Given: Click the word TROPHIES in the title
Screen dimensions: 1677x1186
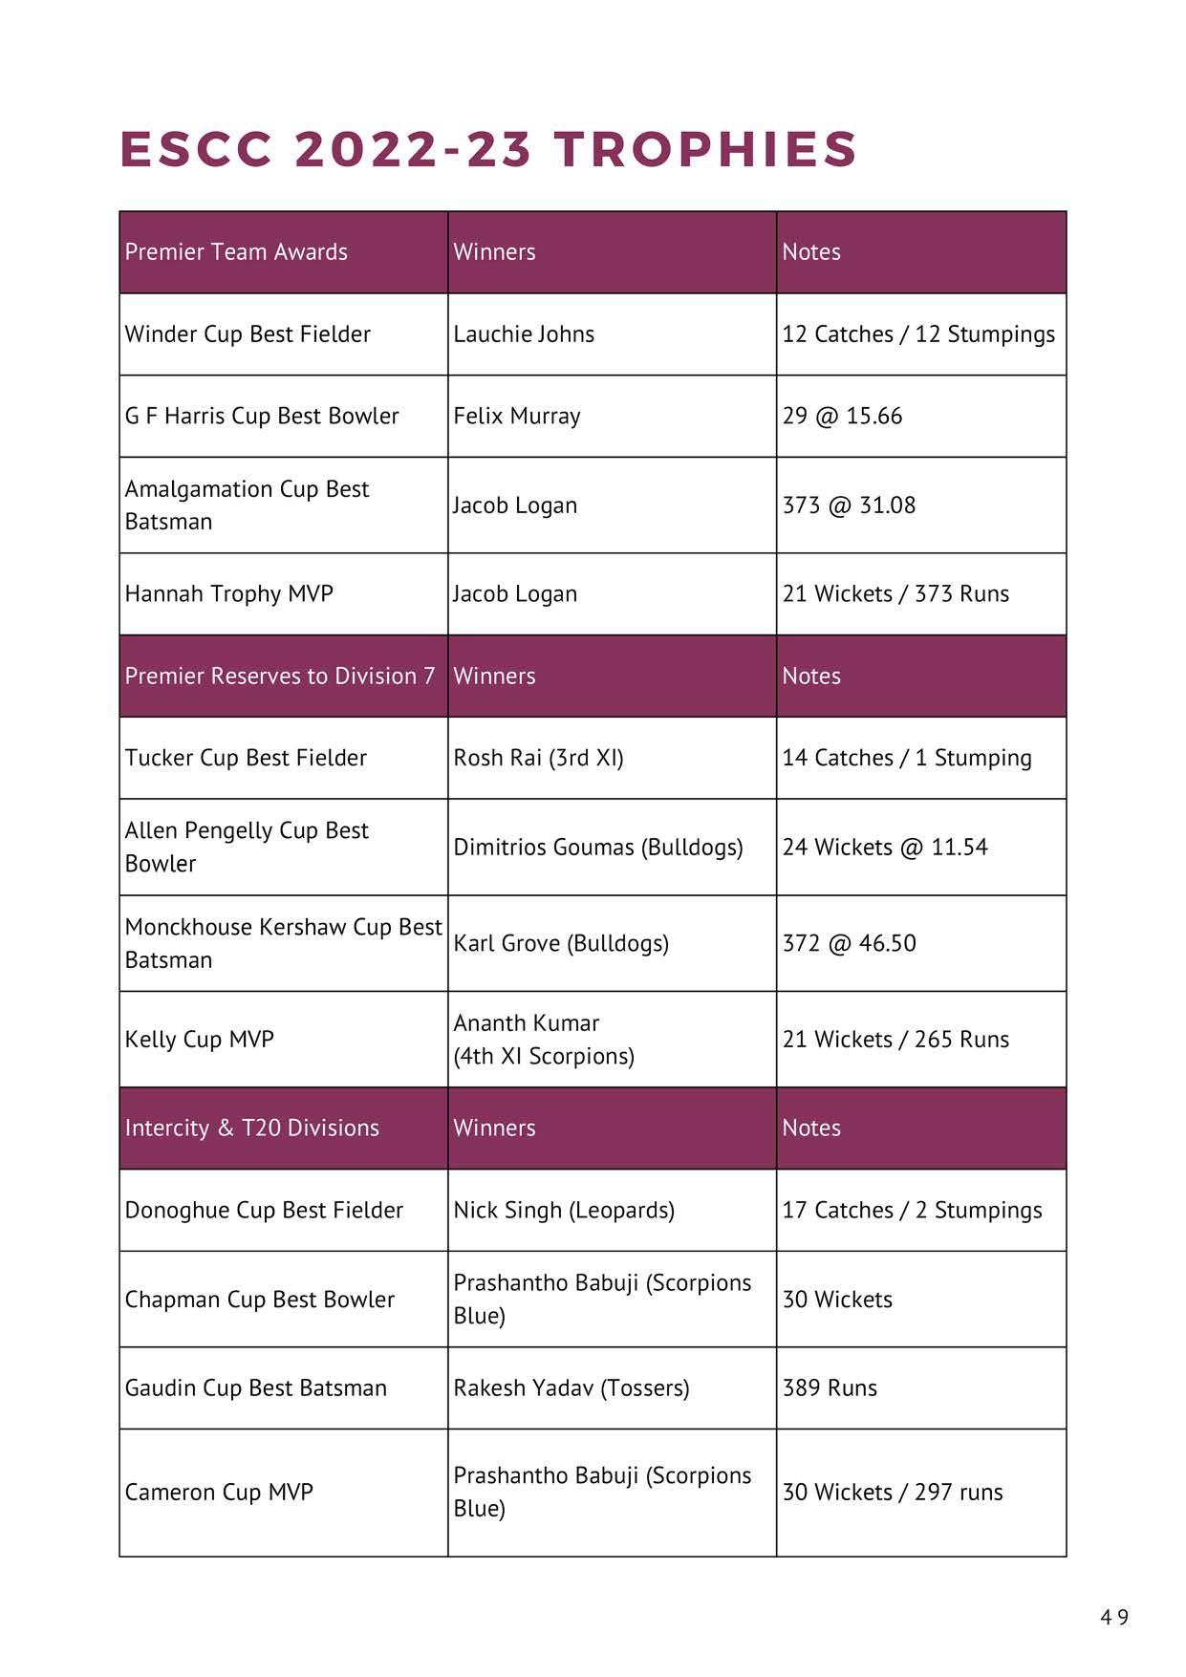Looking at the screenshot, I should tap(705, 149).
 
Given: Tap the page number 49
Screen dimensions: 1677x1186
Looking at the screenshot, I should tap(1113, 1617).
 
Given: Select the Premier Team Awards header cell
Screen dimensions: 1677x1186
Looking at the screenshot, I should tap(236, 252).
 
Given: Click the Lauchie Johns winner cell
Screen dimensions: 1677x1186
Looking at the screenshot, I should tap(524, 334).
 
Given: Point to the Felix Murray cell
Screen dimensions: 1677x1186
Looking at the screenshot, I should tap(517, 417).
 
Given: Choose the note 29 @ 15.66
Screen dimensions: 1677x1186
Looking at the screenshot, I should tap(842, 417).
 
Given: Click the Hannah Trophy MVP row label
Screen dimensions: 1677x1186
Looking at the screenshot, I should tap(229, 594).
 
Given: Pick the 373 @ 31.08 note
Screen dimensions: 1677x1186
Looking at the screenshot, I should tap(849, 505).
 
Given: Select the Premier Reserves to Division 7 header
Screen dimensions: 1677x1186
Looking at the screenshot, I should tap(280, 677).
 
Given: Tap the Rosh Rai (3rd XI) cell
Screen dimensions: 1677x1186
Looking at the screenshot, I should tap(538, 759).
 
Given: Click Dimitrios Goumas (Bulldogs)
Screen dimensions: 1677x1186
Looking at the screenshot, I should tap(598, 848).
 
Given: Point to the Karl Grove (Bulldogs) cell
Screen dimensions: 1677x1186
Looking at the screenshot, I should tap(561, 944).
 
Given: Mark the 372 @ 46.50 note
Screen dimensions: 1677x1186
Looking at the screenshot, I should tap(849, 944).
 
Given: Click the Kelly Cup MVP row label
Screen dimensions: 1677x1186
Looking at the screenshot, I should tap(200, 1040).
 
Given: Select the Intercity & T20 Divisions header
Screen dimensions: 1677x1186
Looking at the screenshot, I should tap(252, 1129).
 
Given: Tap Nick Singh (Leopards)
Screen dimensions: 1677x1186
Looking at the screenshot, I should tap(564, 1211).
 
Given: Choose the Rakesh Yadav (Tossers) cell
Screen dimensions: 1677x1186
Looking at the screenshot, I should tap(571, 1388).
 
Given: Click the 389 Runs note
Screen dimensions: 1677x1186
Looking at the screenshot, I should tap(830, 1388).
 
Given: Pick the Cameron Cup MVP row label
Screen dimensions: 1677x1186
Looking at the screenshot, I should tap(219, 1493).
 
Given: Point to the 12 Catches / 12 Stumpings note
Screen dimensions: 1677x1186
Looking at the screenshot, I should tap(918, 334).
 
